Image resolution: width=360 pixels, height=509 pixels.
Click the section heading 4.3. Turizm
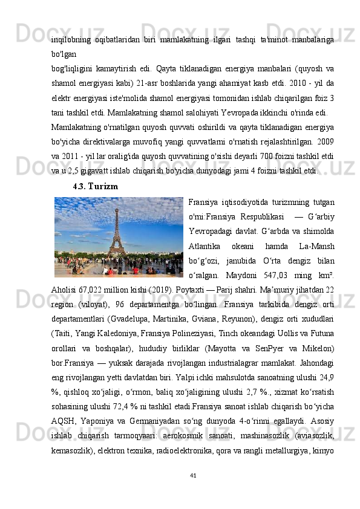pyautogui.click(x=94, y=186)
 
